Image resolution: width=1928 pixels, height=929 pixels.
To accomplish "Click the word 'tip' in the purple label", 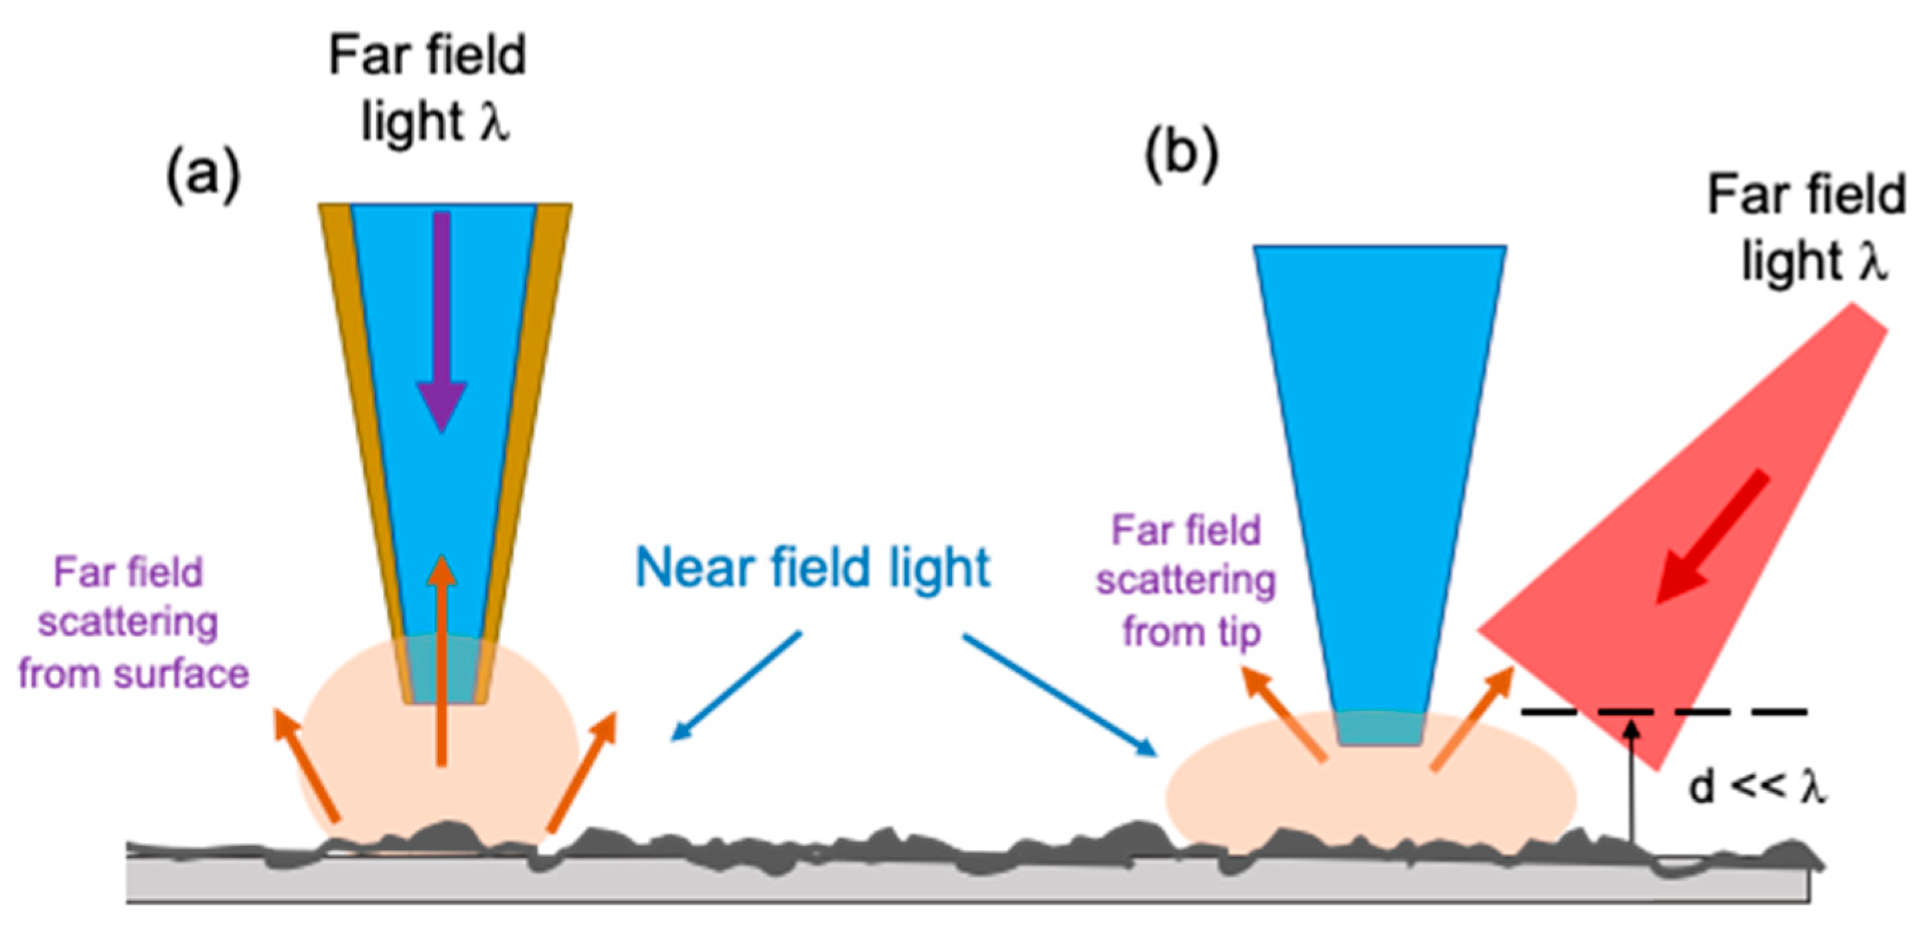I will (x=1239, y=630).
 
